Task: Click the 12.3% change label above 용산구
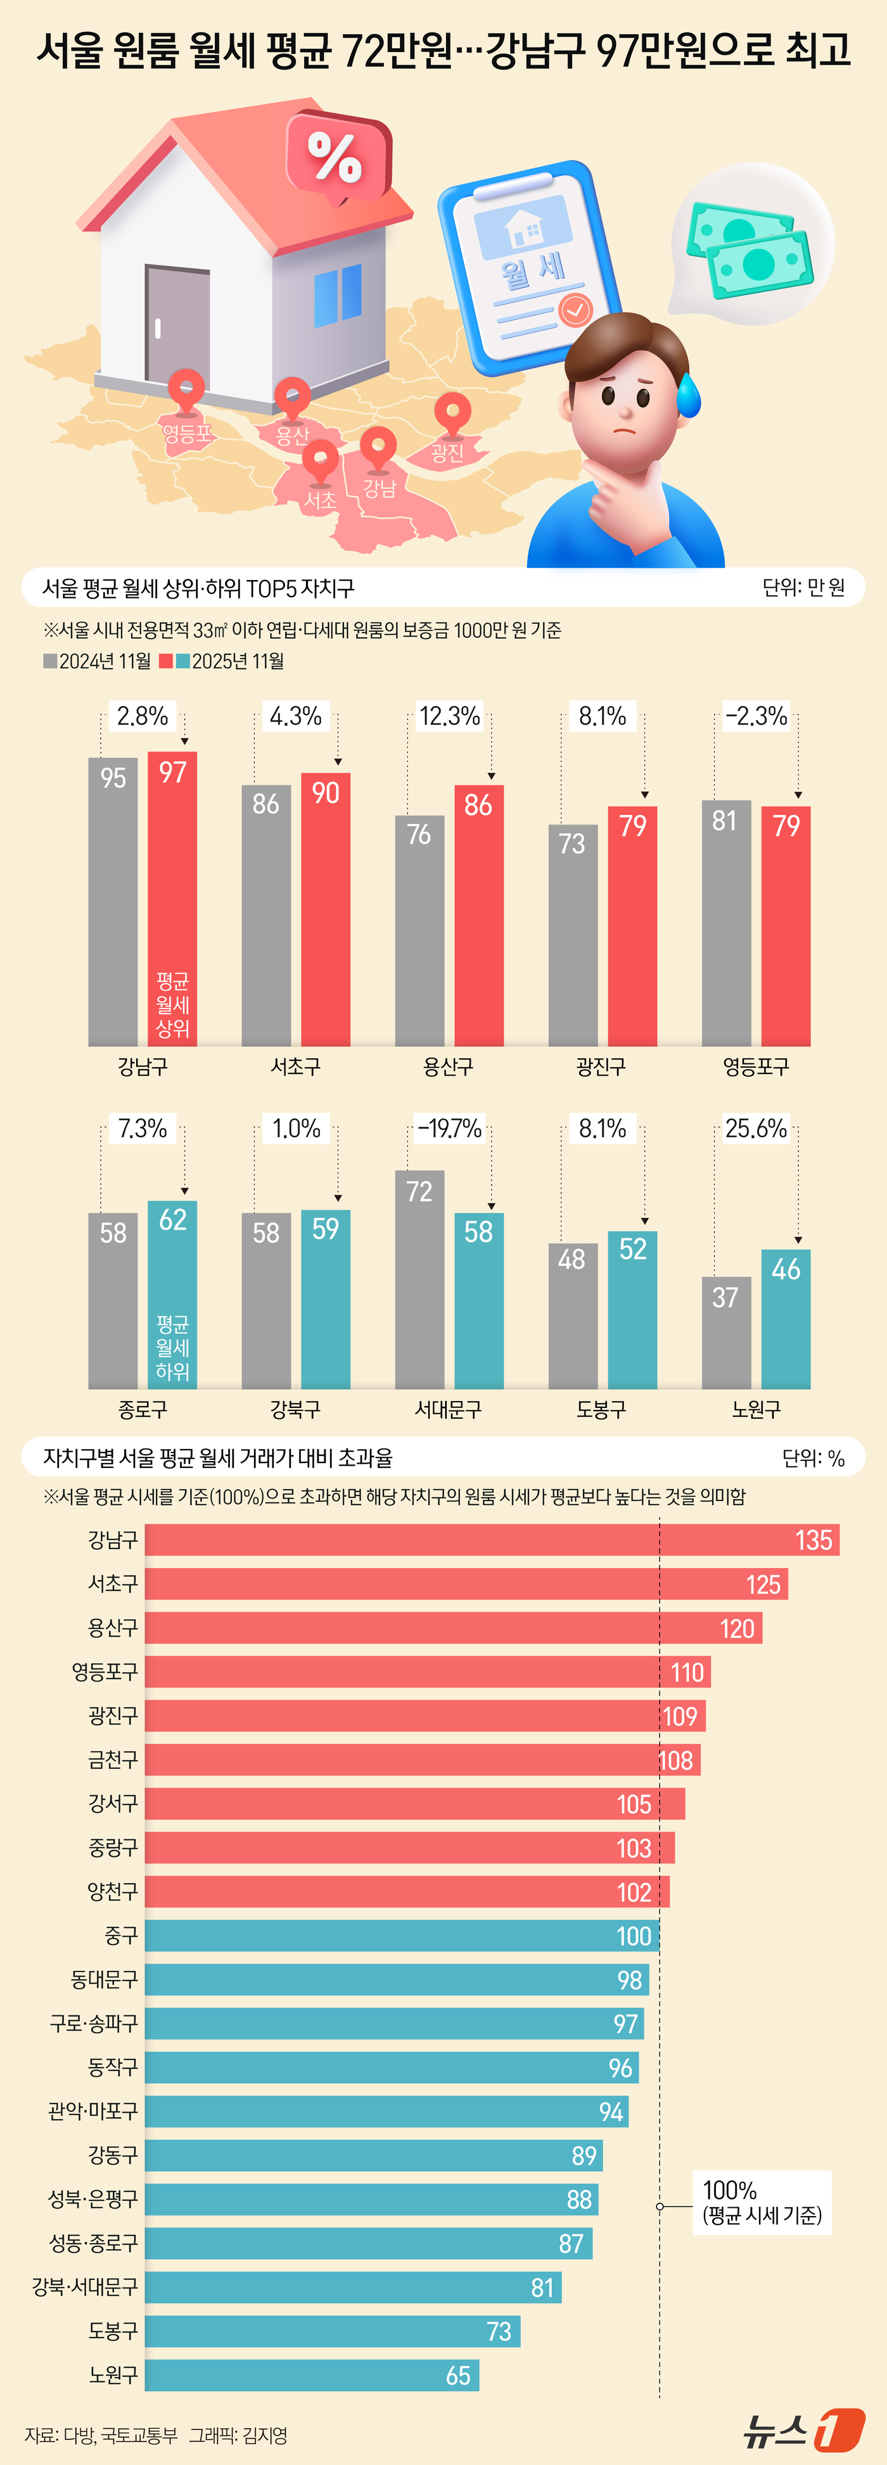pos(449,716)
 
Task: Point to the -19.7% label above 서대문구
pos(449,1128)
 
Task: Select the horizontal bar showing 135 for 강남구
pos(491,1540)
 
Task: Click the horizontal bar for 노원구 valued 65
pos(311,2375)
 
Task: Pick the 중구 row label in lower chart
pos(120,1936)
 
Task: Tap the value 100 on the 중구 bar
pos(634,1936)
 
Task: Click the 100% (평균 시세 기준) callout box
pos(762,2202)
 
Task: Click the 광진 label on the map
pos(447,453)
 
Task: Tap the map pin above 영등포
pos(186,391)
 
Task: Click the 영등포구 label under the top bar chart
pos(755,1066)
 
